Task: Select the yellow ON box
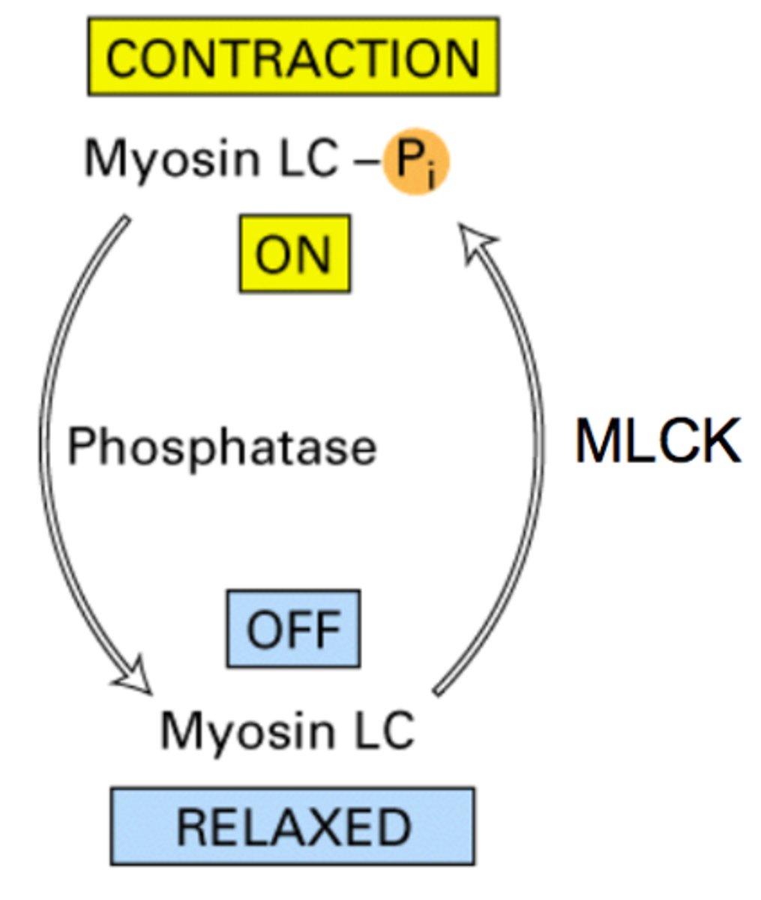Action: point(294,254)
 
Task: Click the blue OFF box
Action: point(293,629)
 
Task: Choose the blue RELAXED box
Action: point(293,826)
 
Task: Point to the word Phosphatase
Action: point(222,447)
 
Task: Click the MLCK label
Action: point(658,441)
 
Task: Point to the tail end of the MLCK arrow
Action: point(439,688)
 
